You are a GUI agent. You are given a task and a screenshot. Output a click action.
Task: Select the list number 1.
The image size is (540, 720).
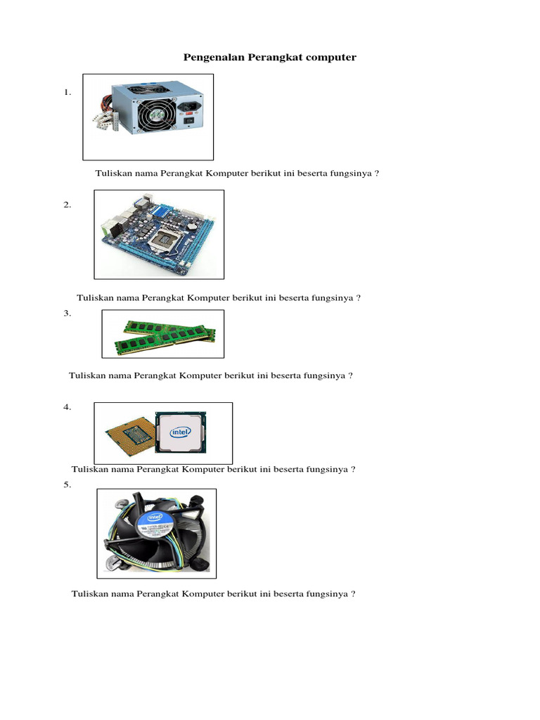pyautogui.click(x=67, y=92)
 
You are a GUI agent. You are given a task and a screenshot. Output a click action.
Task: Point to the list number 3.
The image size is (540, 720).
pyautogui.click(x=67, y=314)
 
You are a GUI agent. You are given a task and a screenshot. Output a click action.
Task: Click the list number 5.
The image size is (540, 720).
pyautogui.click(x=67, y=484)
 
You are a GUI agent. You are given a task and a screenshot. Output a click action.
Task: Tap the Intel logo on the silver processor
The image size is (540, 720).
pyautogui.click(x=181, y=433)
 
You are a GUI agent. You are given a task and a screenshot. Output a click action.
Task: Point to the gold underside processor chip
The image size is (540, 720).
pyautogui.click(x=129, y=435)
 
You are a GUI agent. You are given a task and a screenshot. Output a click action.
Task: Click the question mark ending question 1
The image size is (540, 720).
pyautogui.click(x=378, y=174)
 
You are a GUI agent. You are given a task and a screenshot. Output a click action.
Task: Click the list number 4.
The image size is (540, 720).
pyautogui.click(x=67, y=407)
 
